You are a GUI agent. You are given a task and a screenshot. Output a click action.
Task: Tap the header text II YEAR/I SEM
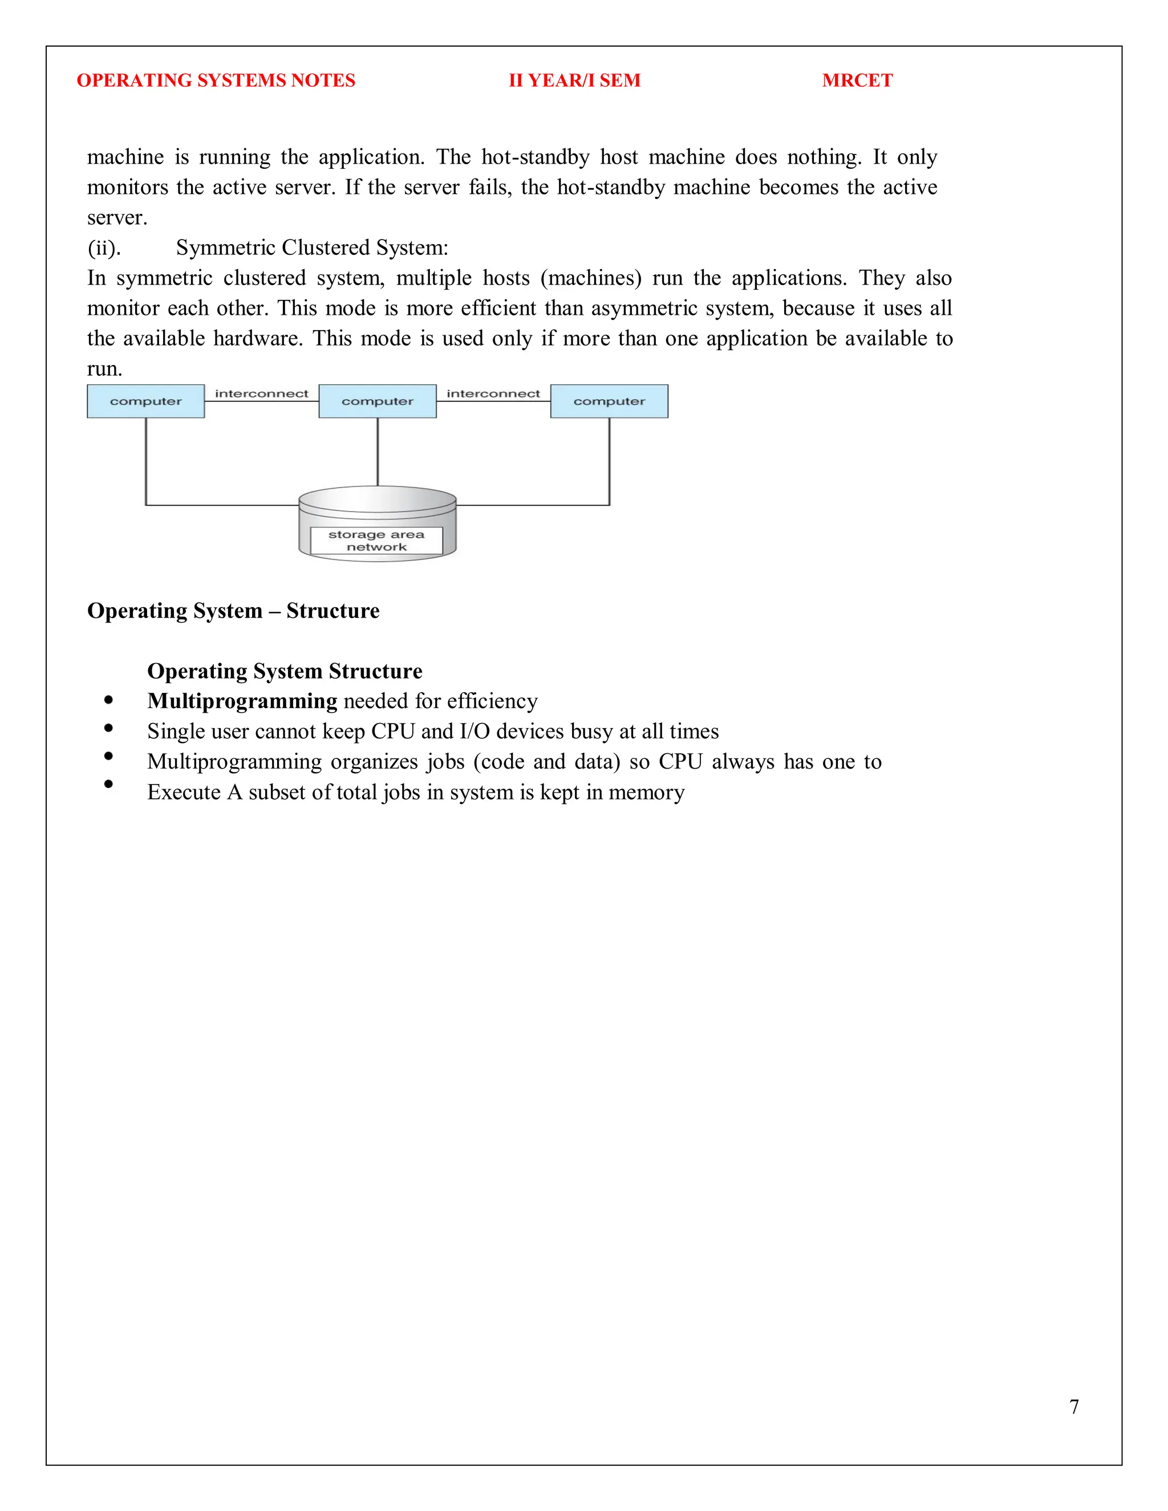pyautogui.click(x=574, y=80)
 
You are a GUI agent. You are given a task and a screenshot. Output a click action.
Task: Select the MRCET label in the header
pyautogui.click(x=857, y=80)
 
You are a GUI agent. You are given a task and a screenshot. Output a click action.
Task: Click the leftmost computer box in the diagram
pyautogui.click(x=145, y=401)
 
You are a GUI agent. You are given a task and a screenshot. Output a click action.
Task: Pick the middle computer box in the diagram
pyautogui.click(x=377, y=401)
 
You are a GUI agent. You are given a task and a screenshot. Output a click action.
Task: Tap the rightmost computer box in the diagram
pyautogui.click(x=609, y=401)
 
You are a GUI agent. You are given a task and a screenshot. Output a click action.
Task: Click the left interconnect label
pyautogui.click(x=262, y=393)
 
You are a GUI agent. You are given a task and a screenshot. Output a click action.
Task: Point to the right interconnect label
pyautogui.click(x=493, y=393)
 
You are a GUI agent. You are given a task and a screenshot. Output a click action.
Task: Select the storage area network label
pyautogui.click(x=376, y=541)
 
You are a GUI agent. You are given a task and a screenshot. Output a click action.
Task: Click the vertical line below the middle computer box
pyautogui.click(x=378, y=451)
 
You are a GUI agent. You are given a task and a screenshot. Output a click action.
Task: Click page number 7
pyautogui.click(x=1074, y=1407)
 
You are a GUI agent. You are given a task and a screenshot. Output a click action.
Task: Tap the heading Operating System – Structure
pyautogui.click(x=233, y=611)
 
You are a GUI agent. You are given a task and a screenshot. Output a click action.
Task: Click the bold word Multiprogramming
pyautogui.click(x=242, y=701)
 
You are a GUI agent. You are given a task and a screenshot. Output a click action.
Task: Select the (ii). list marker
pyautogui.click(x=104, y=247)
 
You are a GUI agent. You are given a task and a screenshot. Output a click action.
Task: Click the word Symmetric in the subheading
pyautogui.click(x=226, y=247)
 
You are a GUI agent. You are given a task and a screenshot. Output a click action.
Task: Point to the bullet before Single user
pyautogui.click(x=108, y=728)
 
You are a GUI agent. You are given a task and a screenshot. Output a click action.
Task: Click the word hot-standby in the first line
pyautogui.click(x=535, y=157)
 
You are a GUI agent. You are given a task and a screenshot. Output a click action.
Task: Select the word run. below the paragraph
pyautogui.click(x=104, y=369)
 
